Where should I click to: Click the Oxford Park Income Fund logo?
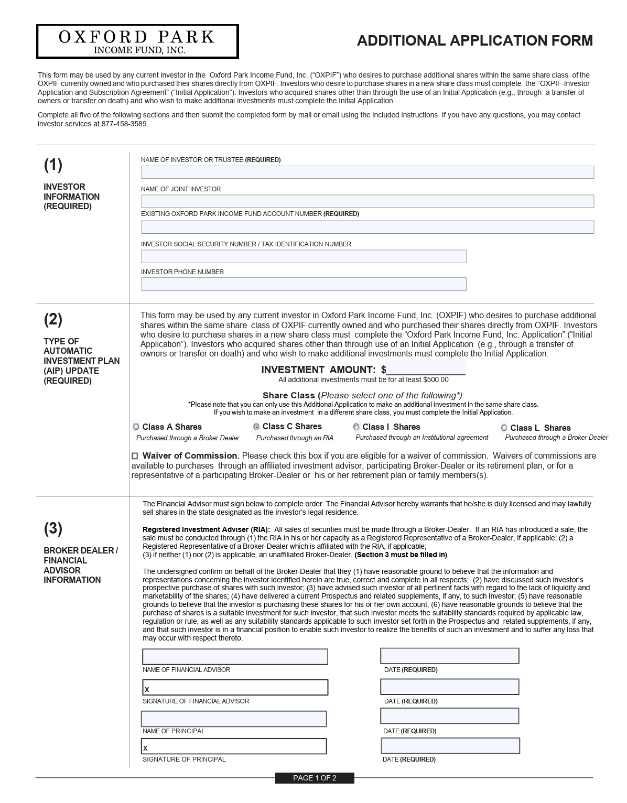coord(137,41)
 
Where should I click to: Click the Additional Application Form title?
coord(474,41)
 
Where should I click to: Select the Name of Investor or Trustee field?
coord(367,172)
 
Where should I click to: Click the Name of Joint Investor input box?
coord(367,201)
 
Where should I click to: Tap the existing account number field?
coord(367,227)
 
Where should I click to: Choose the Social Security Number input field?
coord(304,256)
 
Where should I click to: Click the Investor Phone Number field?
coord(304,284)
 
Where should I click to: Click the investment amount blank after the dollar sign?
coord(426,368)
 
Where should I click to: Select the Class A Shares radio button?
coord(136,427)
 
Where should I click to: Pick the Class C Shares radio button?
coord(256,427)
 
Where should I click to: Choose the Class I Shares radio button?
coord(356,427)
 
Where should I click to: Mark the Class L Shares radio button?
coord(504,428)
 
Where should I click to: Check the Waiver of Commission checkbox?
coord(135,456)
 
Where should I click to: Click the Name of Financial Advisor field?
coord(235,656)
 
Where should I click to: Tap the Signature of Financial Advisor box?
coord(235,688)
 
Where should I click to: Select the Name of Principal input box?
coord(234,719)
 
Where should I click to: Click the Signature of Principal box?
coord(234,746)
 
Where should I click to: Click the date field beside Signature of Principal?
coord(450,746)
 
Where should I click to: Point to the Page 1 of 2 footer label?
coord(315,778)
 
